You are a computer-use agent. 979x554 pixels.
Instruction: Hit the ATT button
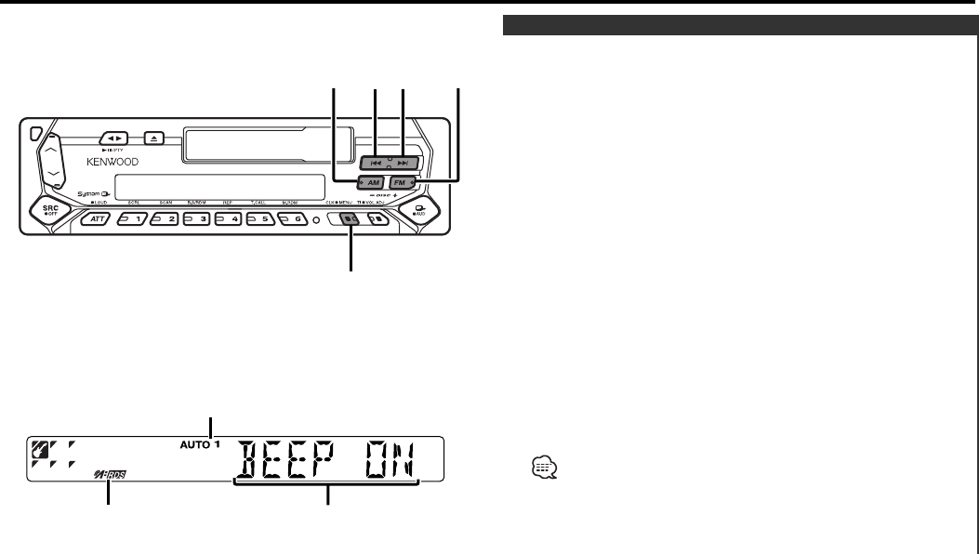tap(98, 221)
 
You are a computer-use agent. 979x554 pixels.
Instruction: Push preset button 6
tap(291, 221)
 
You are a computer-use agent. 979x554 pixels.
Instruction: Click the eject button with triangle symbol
tap(154, 137)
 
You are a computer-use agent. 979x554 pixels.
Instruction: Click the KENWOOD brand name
tap(113, 160)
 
